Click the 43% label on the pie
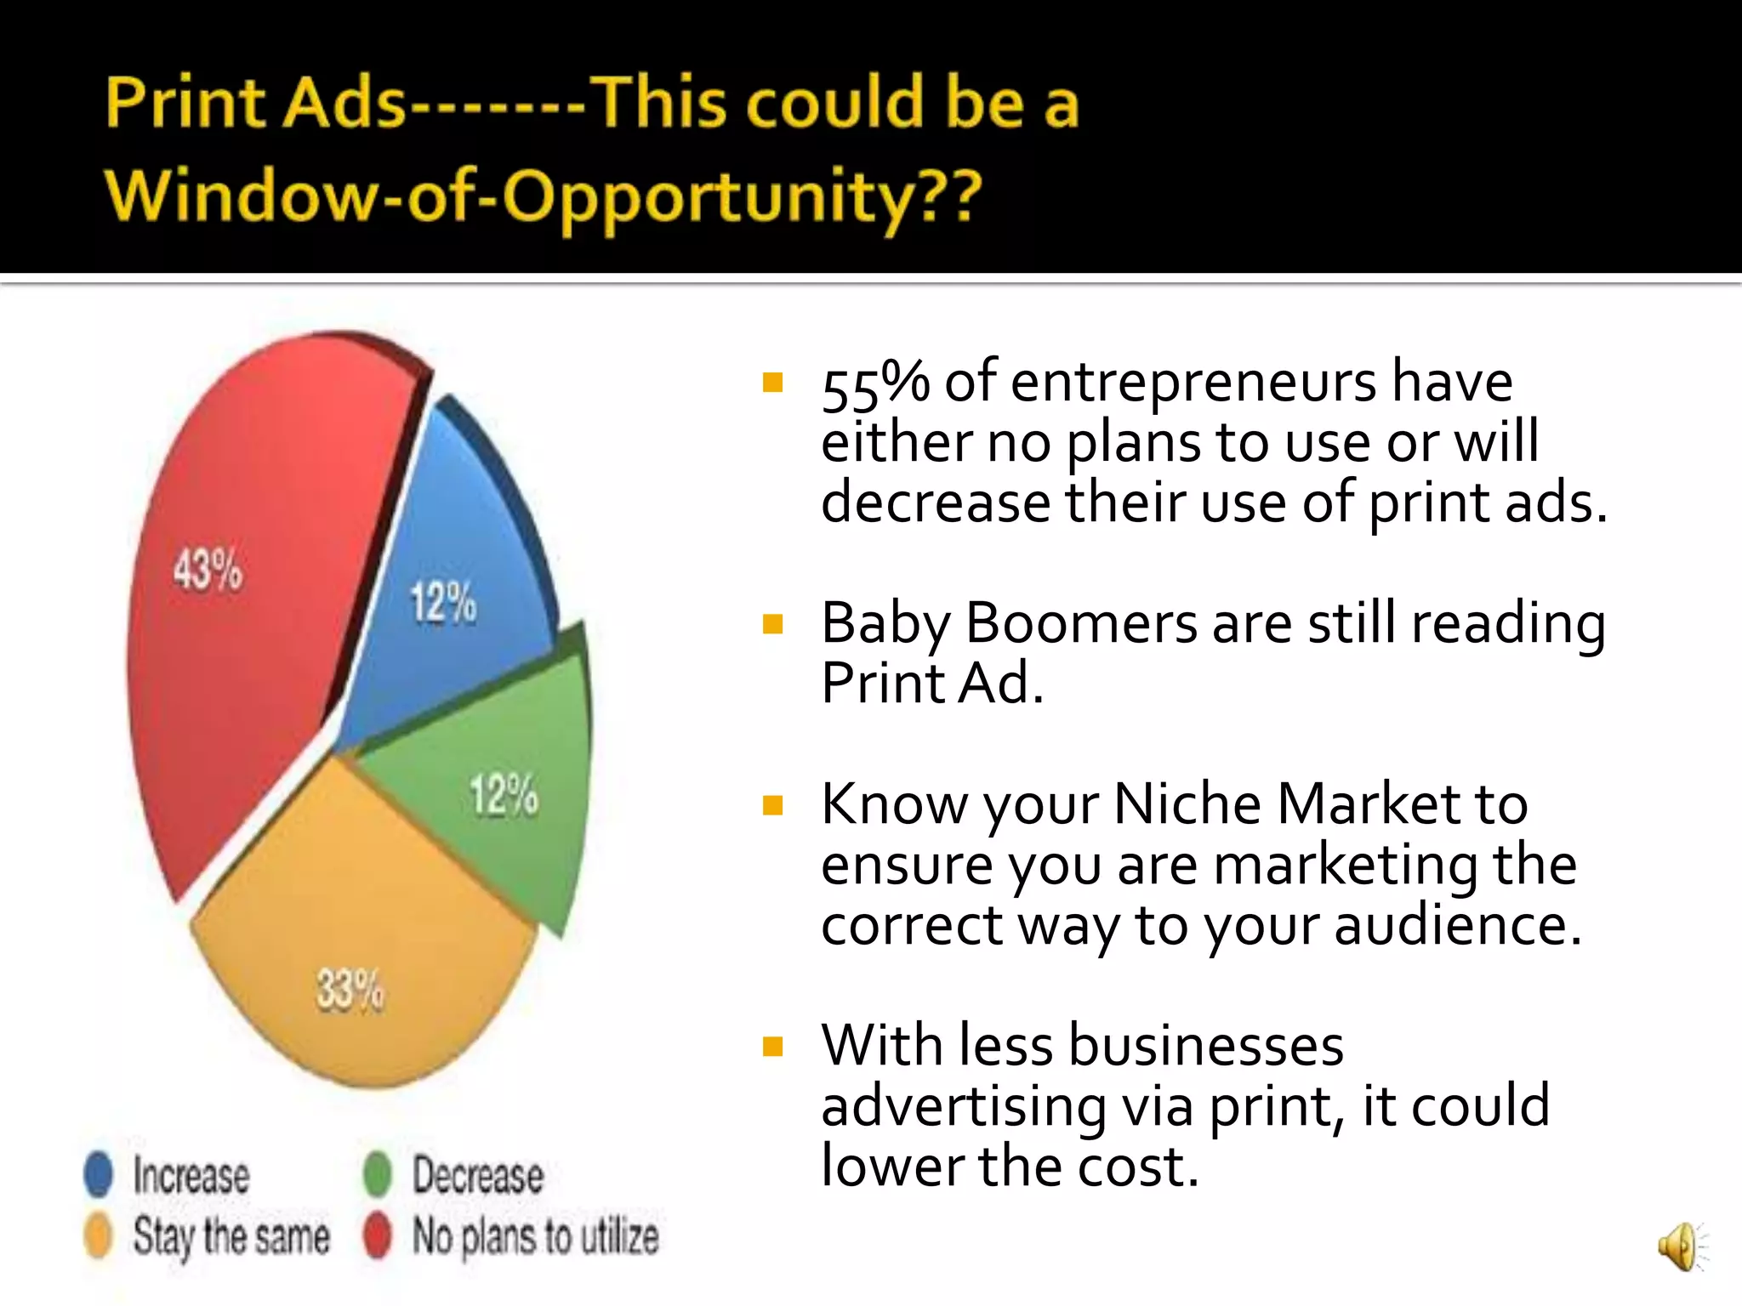point(208,570)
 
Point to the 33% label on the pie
point(350,991)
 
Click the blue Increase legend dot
point(99,1174)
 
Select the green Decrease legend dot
point(377,1174)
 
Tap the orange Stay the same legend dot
point(99,1235)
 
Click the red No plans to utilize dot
point(377,1235)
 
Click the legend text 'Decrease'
point(478,1175)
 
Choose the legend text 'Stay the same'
point(231,1236)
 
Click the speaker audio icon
point(1681,1246)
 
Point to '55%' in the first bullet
point(875,384)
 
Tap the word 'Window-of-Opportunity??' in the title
point(544,196)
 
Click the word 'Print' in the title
point(186,104)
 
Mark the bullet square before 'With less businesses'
point(773,1047)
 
